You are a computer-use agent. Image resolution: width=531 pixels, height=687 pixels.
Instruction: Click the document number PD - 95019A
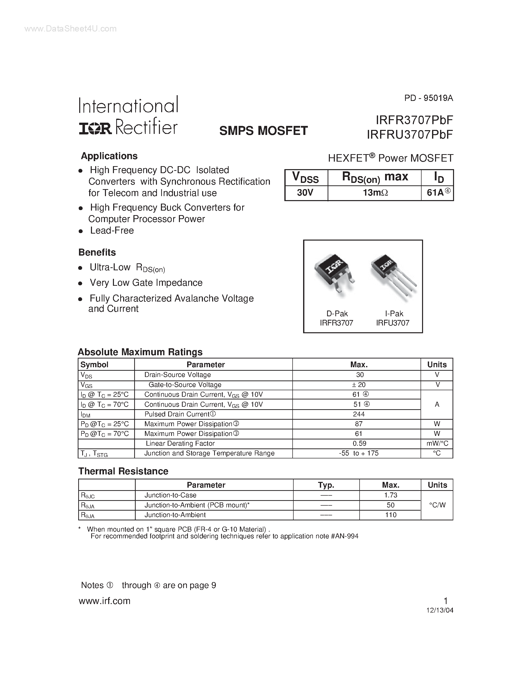click(x=429, y=98)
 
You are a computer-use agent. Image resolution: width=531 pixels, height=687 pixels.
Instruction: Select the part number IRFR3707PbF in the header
click(x=414, y=120)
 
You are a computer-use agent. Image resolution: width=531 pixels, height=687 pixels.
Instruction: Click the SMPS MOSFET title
click(x=263, y=131)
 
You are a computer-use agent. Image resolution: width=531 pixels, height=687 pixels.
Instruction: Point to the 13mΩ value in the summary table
click(x=375, y=193)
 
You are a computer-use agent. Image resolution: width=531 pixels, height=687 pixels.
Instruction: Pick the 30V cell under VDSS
click(x=305, y=193)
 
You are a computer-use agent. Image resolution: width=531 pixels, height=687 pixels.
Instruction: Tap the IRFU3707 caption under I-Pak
click(x=393, y=323)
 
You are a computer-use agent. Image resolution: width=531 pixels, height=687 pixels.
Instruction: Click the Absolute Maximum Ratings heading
click(x=140, y=352)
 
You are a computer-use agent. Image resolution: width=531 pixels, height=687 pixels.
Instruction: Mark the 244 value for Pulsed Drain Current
click(x=359, y=414)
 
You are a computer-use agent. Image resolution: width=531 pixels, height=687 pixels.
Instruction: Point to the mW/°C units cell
click(x=437, y=443)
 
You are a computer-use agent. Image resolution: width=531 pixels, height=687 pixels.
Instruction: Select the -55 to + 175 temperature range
click(x=359, y=453)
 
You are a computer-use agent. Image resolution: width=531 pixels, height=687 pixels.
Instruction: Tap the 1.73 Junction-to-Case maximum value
click(x=391, y=495)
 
